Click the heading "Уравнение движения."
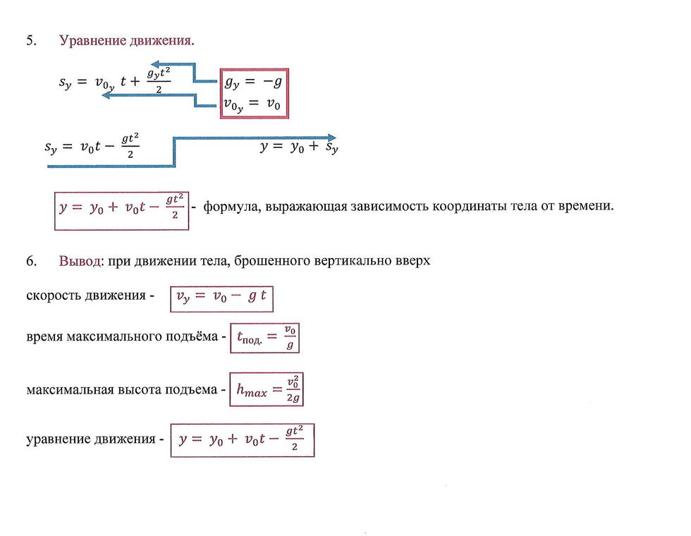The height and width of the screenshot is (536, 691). pos(127,41)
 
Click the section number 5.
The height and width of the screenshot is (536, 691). pos(31,41)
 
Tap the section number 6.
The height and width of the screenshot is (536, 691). pos(31,261)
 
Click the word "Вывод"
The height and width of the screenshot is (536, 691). pos(80,261)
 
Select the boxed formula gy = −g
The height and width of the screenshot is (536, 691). pos(253,82)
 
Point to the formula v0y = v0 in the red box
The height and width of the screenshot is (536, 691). pos(252,104)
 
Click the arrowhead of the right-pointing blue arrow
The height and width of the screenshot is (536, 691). pos(332,138)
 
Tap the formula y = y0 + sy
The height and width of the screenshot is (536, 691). pos(299,147)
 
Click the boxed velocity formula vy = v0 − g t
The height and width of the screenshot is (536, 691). pos(221,299)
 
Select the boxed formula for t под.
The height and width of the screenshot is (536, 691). pos(264,338)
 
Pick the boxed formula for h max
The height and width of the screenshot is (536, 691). pos(267,389)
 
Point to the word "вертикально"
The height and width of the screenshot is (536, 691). pos(353,261)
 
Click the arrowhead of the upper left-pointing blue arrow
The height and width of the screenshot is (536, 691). pos(154,65)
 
